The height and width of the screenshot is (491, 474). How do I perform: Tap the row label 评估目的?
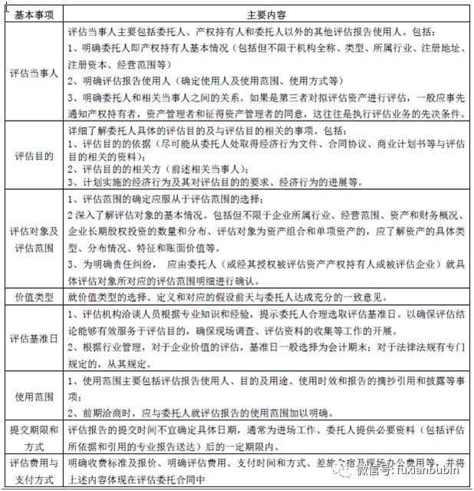[31, 155]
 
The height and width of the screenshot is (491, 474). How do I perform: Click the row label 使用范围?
[31, 396]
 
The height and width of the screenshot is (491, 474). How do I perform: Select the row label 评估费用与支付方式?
[31, 470]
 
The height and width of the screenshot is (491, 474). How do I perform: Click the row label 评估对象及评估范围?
[31, 237]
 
